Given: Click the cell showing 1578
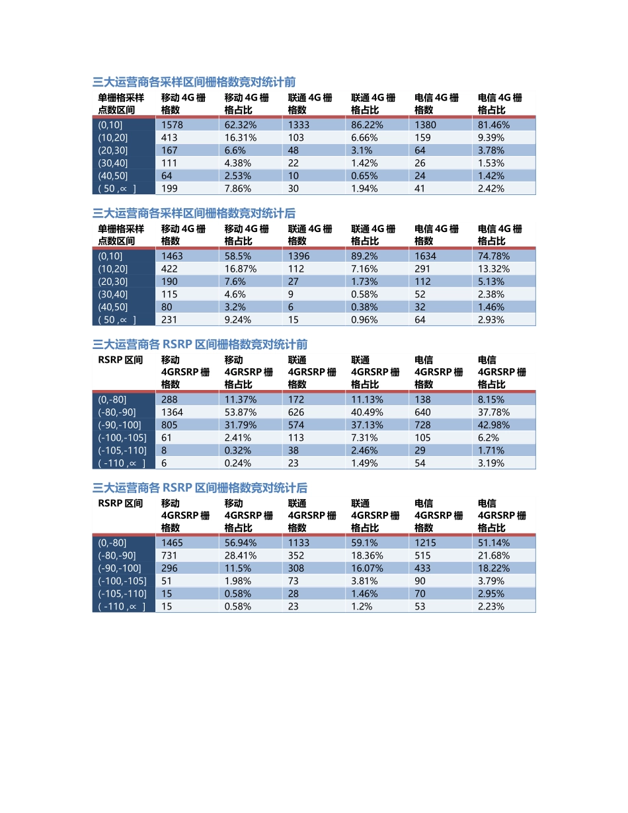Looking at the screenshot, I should point(172,125).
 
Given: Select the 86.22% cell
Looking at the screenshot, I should point(365,125).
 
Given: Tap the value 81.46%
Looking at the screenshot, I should point(492,125).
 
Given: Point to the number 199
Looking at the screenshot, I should point(169,188).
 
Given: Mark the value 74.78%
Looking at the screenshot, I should point(492,256).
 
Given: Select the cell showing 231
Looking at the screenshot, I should point(169,319).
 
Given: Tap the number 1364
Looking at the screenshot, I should point(172,412).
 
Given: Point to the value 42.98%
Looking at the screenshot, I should point(492,425).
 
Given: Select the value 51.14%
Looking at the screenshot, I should point(492,543).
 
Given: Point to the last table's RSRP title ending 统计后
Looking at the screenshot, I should point(200,488).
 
